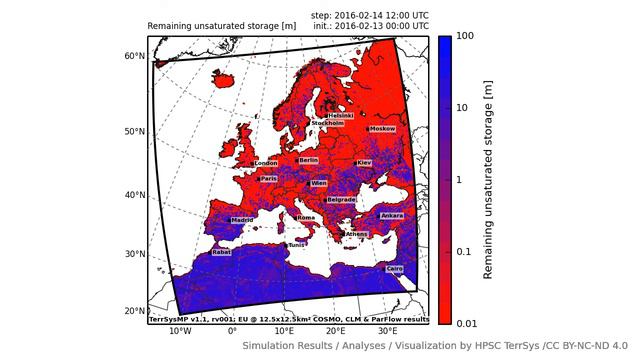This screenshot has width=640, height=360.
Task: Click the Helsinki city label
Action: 341,116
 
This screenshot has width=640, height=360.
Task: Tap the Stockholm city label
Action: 327,124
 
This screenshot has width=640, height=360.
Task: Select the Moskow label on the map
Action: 383,129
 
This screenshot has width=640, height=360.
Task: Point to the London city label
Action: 266,163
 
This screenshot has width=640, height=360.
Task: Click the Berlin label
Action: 308,160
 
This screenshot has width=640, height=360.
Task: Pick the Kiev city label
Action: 364,163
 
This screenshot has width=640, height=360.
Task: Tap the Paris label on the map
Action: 268,179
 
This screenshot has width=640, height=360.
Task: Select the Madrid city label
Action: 243,220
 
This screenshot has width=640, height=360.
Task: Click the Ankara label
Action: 392,215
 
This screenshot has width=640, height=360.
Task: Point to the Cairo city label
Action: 395,268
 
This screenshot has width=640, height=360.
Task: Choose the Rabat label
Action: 221,252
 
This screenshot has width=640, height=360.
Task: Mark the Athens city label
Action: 356,234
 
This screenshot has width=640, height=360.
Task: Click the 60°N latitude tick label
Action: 135,56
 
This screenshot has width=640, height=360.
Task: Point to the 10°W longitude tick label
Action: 180,331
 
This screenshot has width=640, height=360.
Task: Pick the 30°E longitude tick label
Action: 387,331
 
